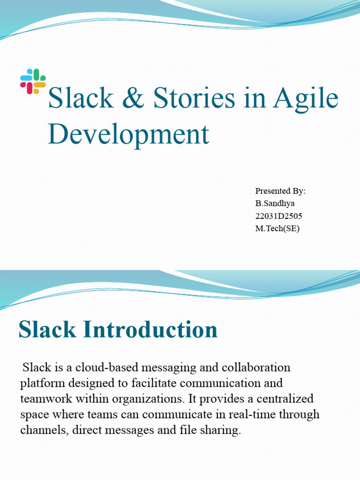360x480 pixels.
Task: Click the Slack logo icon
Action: [x=33, y=81]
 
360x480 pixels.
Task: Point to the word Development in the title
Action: [x=128, y=134]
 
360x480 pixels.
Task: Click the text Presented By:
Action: [x=280, y=191]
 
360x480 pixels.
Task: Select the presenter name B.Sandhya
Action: [x=275, y=203]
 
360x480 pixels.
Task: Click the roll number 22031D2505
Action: [x=279, y=216]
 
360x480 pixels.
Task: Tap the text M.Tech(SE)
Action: [x=277, y=229]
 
